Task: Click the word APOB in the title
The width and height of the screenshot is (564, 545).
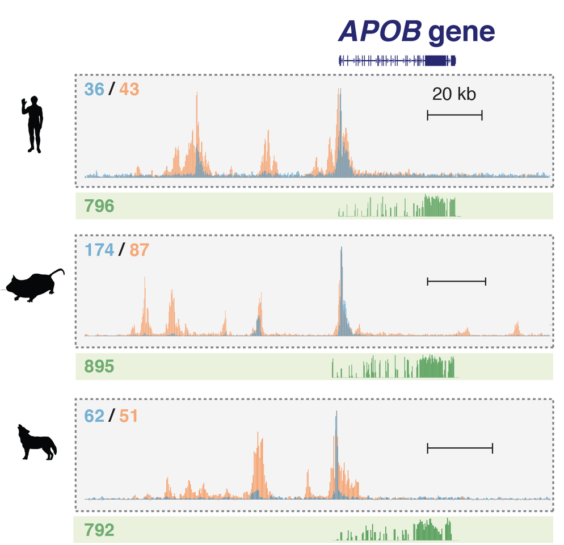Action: point(380,31)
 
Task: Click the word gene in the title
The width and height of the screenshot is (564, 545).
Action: point(461,32)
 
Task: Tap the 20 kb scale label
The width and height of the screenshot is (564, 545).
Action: point(454,94)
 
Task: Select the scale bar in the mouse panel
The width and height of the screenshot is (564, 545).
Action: point(456,281)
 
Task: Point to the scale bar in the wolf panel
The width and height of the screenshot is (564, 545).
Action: point(460,448)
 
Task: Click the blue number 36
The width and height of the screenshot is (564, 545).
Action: point(94,89)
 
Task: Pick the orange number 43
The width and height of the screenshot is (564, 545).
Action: point(129,89)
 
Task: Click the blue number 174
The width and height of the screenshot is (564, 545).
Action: point(99,249)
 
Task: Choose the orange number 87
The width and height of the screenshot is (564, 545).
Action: point(138,249)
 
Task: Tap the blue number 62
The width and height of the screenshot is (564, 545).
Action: point(94,416)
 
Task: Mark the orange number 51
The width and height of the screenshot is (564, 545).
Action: point(128,416)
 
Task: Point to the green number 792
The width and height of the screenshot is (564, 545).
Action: point(99,530)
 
